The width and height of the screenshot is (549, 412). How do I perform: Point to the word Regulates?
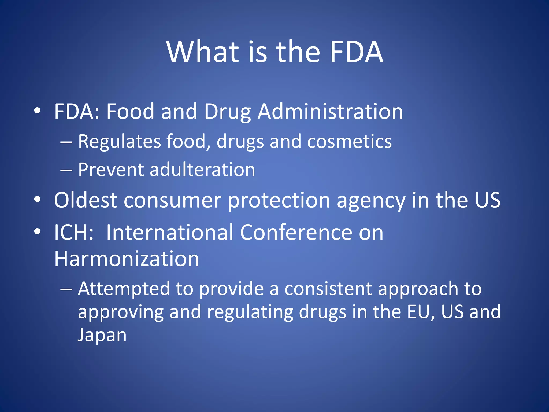[x=119, y=141]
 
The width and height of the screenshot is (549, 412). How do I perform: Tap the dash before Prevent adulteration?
[x=66, y=170]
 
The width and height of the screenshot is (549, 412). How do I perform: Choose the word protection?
[x=279, y=201]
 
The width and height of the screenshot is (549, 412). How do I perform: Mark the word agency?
[x=371, y=201]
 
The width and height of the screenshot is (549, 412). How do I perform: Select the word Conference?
[x=296, y=232]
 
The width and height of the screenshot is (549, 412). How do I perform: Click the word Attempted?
[x=124, y=289]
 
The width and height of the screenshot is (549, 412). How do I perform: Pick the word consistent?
[x=328, y=289]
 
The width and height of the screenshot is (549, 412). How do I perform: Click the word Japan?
[x=102, y=335]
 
